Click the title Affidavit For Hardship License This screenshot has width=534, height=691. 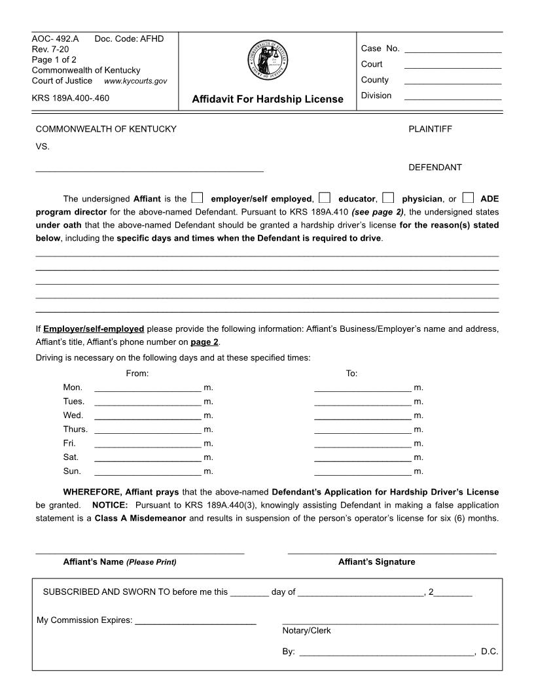click(267, 99)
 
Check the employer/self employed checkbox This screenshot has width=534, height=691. click(198, 198)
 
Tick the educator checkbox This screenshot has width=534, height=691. click(325, 198)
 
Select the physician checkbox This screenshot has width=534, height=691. click(388, 198)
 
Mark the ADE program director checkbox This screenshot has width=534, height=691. click(467, 198)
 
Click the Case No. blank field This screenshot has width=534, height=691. click(453, 48)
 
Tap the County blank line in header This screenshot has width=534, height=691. click(453, 80)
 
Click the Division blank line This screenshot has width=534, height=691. click(453, 96)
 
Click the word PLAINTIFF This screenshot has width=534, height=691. click(430, 129)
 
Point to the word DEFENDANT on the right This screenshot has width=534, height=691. click(435, 168)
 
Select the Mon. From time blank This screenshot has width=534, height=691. click(148, 387)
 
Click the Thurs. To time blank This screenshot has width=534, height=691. click(363, 429)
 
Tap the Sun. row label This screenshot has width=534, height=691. click(72, 471)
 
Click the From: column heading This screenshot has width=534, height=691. click(137, 373)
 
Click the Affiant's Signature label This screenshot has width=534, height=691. click(376, 562)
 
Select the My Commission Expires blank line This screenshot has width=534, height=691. click(195, 620)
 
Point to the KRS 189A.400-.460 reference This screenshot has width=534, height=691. click(71, 98)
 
